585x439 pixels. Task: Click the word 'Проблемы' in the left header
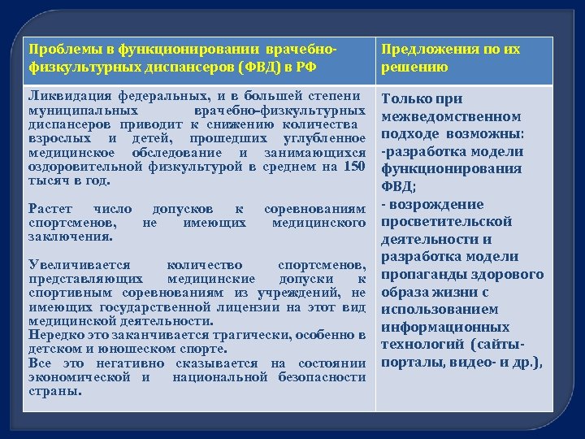[58, 50]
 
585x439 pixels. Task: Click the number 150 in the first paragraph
[354, 167]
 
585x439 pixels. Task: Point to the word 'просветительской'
[446, 221]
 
